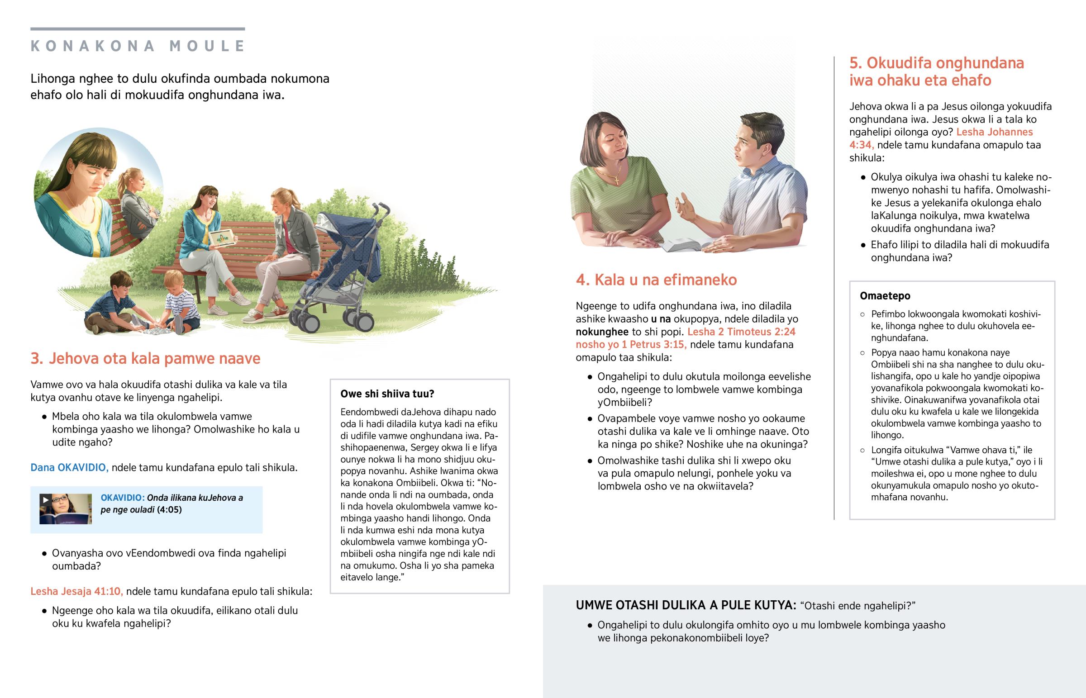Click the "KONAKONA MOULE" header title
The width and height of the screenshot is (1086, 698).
click(x=138, y=46)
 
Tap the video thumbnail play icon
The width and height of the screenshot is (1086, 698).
click(x=45, y=499)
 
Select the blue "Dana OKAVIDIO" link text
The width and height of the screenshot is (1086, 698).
click(x=69, y=467)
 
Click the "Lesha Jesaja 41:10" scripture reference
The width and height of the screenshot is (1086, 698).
click(x=76, y=591)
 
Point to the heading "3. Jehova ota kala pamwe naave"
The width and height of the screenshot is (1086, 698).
click(x=145, y=359)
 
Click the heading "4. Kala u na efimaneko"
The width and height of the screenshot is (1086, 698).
click(x=656, y=280)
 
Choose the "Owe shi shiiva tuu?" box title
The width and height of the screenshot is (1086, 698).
click(x=387, y=394)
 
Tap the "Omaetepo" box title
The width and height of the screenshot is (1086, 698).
click(x=885, y=295)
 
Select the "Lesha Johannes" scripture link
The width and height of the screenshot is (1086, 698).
click(x=995, y=132)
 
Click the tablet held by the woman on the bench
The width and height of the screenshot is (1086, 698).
click(x=222, y=237)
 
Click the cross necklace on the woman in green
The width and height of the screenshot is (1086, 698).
click(x=616, y=180)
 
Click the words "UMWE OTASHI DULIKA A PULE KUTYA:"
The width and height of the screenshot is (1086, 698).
click(x=686, y=605)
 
